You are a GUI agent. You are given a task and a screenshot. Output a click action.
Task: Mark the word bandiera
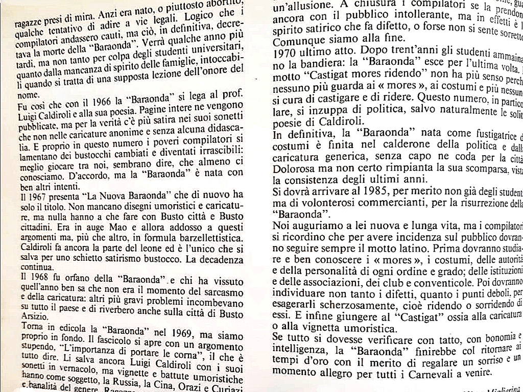pyautogui.click(x=305, y=64)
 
